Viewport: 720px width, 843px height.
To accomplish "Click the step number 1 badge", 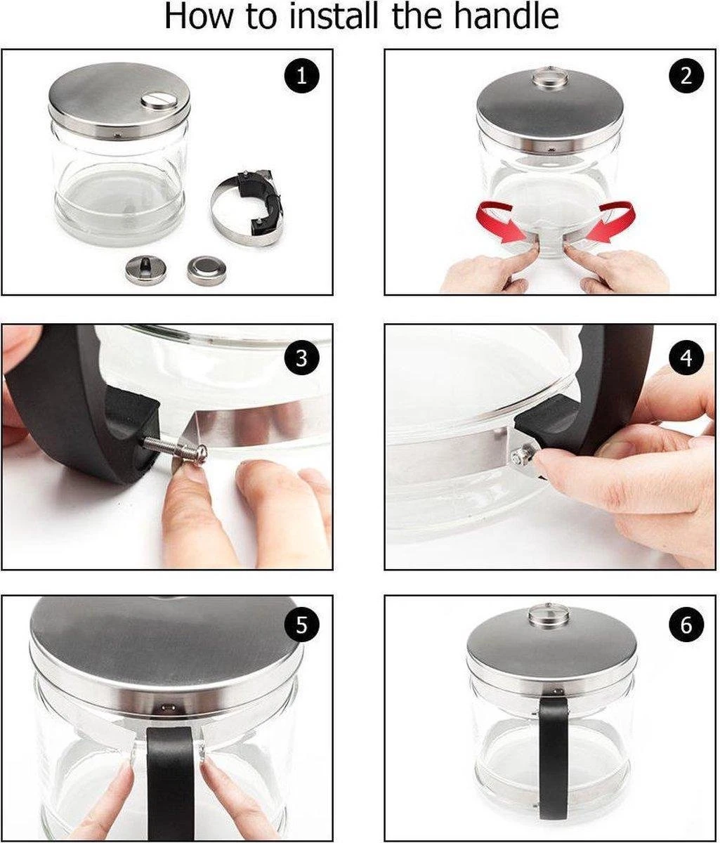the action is point(301,75).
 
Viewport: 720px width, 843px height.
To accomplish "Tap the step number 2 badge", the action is point(686,75).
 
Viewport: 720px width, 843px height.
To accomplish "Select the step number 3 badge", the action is point(301,358).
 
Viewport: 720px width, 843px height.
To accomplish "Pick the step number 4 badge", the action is point(686,358).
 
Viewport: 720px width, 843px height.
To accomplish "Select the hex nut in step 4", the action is point(521,457).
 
